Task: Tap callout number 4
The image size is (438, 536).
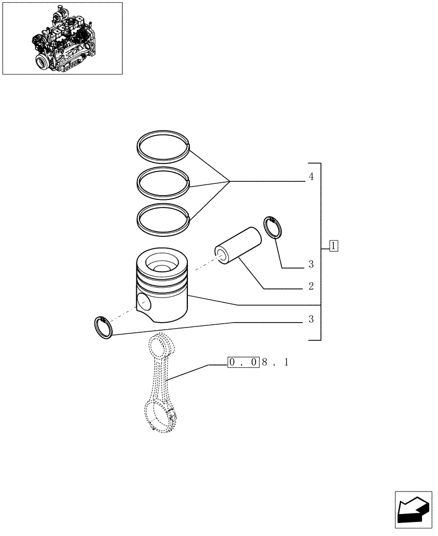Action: (311, 177)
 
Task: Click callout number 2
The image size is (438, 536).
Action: (311, 286)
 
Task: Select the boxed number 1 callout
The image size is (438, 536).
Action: (333, 247)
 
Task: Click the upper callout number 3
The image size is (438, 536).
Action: (311, 265)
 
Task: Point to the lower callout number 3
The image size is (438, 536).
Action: (311, 320)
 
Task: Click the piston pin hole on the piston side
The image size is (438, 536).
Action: (144, 303)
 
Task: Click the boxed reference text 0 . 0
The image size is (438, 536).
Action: (244, 363)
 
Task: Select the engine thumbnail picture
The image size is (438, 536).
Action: (62, 38)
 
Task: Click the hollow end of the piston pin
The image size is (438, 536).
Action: (221, 252)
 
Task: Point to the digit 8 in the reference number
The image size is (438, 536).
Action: (265, 363)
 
